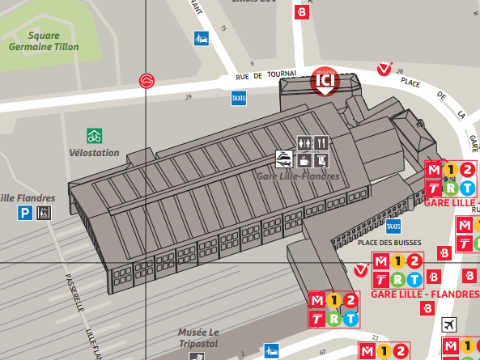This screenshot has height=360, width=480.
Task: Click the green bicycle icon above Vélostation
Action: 95,136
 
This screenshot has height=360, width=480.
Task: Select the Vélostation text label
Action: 95,152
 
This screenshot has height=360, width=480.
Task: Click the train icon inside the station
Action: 284,158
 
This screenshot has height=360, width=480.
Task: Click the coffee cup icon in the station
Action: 304,158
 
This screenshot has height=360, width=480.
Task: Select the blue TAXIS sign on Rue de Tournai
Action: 239,98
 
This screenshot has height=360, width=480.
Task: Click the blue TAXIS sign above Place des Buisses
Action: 393,226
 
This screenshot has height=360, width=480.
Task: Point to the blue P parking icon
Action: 27,213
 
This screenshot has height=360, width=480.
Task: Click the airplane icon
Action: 449,324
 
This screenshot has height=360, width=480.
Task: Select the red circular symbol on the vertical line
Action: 147,81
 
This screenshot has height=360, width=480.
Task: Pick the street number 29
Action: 189,98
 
